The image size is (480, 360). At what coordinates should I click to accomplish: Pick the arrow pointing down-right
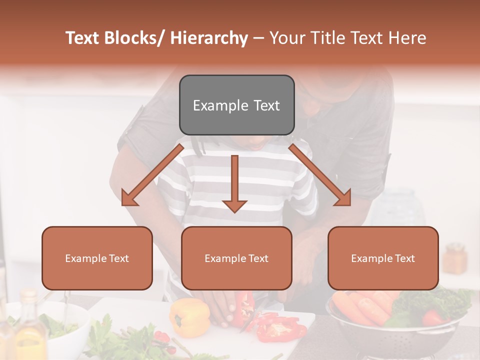click(320, 175)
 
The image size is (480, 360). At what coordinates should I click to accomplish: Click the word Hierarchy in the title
click(209, 38)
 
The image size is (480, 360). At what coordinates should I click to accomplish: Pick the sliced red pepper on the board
click(280, 327)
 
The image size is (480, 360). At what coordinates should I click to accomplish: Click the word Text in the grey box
click(263, 105)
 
